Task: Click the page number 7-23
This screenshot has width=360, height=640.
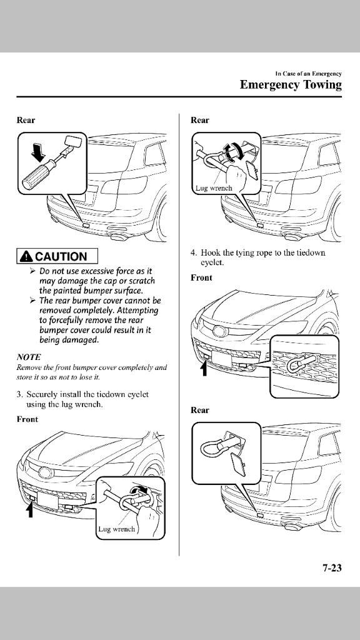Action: pyautogui.click(x=332, y=567)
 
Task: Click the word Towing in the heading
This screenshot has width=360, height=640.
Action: pyautogui.click(x=321, y=85)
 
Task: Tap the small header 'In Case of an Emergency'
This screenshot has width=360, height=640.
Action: pyautogui.click(x=308, y=74)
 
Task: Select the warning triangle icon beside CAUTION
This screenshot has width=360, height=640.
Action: pyautogui.click(x=27, y=256)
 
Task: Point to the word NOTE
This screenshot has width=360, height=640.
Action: pyautogui.click(x=29, y=357)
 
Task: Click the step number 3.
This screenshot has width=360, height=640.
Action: pyautogui.click(x=19, y=395)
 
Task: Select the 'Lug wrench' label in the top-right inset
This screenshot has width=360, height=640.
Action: pyautogui.click(x=214, y=188)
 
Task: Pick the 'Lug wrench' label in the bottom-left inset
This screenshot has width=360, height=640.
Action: pyautogui.click(x=116, y=529)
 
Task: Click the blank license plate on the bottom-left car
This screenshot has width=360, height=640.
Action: pyautogui.click(x=47, y=501)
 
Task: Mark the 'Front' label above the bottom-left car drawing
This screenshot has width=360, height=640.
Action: pyautogui.click(x=27, y=419)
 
